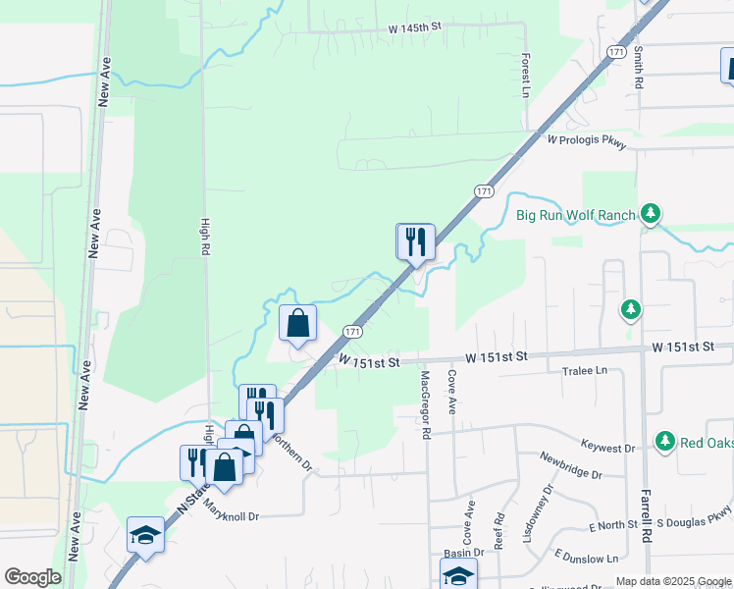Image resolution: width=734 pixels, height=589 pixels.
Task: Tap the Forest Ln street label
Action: (526, 75)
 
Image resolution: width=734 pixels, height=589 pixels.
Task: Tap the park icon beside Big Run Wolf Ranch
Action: (649, 213)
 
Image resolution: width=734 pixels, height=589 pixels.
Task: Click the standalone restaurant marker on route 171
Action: (415, 241)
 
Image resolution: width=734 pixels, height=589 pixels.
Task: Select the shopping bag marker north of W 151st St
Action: (298, 323)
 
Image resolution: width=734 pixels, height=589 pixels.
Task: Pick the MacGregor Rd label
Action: (426, 403)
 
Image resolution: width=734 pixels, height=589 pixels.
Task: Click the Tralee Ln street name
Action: (585, 371)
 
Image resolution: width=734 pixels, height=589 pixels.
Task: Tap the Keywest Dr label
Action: (608, 448)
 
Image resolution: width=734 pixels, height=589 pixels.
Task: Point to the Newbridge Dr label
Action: (571, 465)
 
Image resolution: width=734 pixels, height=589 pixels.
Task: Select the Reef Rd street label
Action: (499, 531)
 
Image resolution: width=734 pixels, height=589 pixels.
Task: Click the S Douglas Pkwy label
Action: (695, 516)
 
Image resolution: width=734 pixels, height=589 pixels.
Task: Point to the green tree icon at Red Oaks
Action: (665, 441)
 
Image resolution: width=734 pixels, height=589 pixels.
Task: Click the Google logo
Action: (32, 577)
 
